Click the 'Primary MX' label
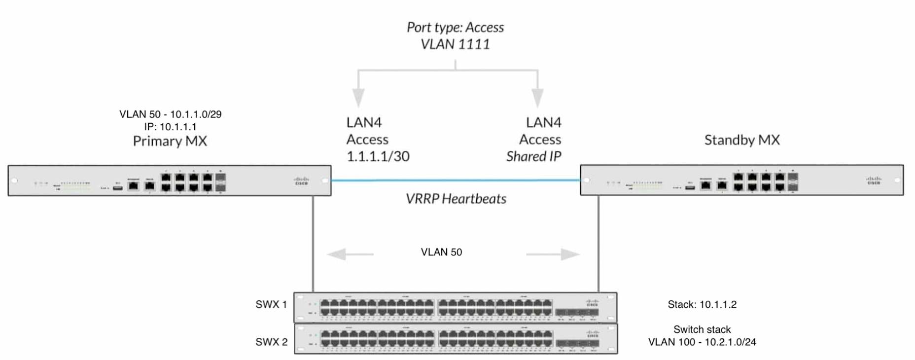tap(170, 141)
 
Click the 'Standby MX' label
tap(741, 140)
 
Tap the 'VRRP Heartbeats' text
tap(456, 199)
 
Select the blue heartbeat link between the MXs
tap(456, 180)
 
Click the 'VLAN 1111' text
tap(455, 44)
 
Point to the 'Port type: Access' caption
tap(455, 27)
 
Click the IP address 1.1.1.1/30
tap(378, 156)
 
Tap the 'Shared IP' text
tap(533, 156)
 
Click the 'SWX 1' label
tap(271, 304)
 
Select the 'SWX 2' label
tap(271, 342)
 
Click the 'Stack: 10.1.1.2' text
tap(702, 304)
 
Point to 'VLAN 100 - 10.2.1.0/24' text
tap(702, 342)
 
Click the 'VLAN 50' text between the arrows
tap(441, 252)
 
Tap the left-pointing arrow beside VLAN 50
tap(350, 254)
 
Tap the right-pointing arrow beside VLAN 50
tap(553, 254)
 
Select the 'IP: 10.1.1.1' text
tap(171, 127)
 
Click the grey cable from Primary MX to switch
tap(313, 242)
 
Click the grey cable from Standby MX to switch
tap(598, 242)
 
